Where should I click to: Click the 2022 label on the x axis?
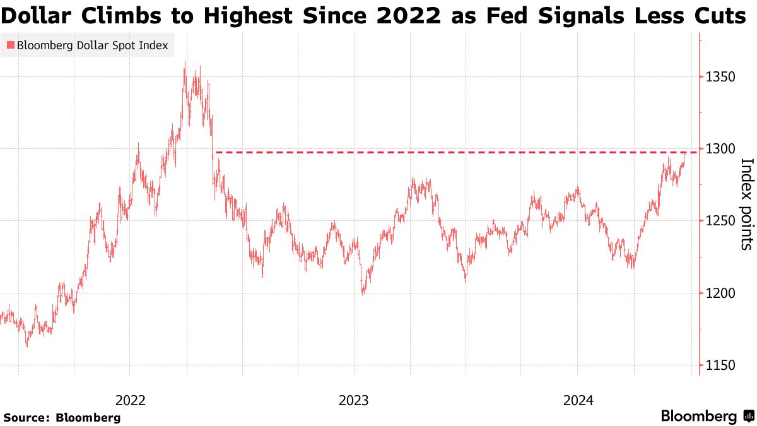click(131, 400)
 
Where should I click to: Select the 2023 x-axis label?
click(354, 400)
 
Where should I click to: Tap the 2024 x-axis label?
click(578, 400)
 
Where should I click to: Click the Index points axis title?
click(746, 203)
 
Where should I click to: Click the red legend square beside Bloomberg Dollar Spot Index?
click(9, 45)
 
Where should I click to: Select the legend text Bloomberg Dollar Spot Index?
click(92, 45)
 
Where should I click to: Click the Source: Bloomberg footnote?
click(62, 417)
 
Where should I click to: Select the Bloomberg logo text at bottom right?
click(699, 416)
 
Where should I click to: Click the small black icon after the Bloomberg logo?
click(749, 416)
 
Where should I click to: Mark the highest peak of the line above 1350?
click(184, 62)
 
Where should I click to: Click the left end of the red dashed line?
click(216, 152)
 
